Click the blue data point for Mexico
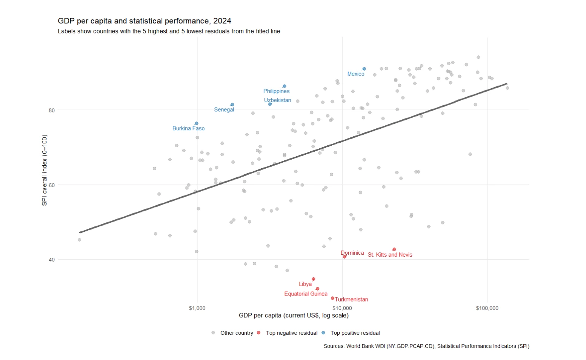pos(364,69)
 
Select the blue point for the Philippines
pos(285,86)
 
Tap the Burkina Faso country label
pos(188,128)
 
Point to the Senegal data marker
pos(232,105)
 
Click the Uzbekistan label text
pos(277,100)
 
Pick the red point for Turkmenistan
pos(332,298)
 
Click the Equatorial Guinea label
pos(306,294)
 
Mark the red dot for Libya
pos(313,279)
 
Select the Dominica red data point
pos(345,257)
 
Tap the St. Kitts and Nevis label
pos(390,255)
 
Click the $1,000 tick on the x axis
pos(197,308)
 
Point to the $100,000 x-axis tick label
pos(487,308)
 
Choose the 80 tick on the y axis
pos(51,110)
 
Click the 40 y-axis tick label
pos(51,260)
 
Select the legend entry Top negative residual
pos(291,333)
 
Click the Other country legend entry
pos(237,333)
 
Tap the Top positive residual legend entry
pos(355,333)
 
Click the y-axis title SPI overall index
pos(45,170)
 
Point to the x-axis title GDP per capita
pos(294,315)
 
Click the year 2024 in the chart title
pos(222,21)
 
